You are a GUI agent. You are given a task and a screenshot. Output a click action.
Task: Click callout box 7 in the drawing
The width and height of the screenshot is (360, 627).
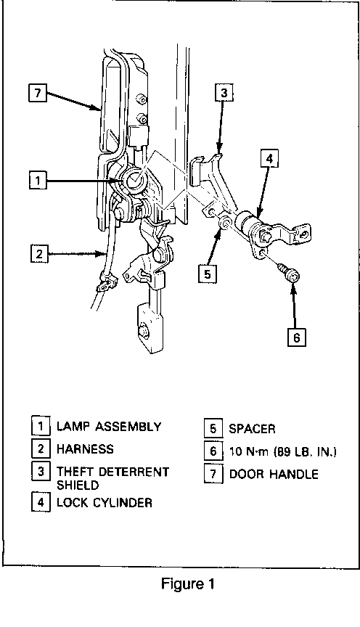(38, 92)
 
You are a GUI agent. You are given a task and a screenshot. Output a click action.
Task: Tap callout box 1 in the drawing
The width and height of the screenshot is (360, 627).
(38, 180)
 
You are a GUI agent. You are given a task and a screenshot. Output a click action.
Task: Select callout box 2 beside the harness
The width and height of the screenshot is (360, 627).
(39, 253)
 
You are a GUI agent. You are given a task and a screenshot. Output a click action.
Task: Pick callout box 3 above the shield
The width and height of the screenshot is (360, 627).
(224, 93)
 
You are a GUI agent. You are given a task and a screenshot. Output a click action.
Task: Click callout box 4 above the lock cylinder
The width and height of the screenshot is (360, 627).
(269, 159)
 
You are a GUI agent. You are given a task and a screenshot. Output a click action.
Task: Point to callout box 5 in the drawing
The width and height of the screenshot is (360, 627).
(207, 274)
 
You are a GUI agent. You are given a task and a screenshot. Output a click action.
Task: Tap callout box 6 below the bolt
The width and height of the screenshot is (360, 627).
(297, 337)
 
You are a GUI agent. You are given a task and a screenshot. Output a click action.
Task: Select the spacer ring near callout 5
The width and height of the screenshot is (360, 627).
(225, 223)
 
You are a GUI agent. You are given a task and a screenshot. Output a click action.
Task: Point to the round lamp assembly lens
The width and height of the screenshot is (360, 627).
(135, 181)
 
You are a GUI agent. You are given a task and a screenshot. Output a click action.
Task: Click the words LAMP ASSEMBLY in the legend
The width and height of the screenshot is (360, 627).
(109, 426)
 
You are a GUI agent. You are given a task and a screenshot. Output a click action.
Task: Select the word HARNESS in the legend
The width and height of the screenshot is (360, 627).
(85, 448)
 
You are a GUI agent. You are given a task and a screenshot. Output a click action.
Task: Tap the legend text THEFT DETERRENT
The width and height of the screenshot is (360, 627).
(112, 472)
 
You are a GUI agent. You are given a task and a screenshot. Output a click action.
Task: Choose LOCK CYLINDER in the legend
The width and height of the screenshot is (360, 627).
(105, 502)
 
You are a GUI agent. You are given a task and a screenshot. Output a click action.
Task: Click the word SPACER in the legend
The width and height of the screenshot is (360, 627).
(252, 429)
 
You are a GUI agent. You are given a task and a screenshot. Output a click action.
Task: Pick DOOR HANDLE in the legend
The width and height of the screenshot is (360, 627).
(274, 475)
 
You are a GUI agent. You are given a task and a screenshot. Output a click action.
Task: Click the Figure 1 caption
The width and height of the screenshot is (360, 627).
(188, 584)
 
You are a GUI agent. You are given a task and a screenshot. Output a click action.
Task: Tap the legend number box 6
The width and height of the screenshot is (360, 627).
(213, 451)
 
